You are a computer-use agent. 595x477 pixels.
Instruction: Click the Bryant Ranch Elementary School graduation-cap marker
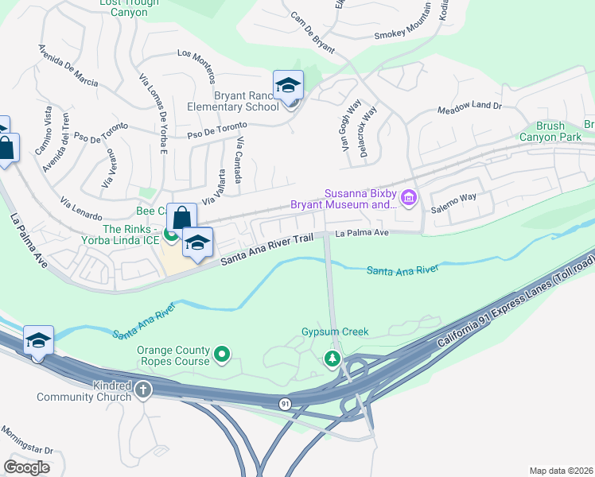tap(287, 85)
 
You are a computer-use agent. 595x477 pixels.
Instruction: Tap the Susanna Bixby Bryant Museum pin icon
tap(410, 197)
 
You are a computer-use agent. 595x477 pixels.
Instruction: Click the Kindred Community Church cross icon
tap(143, 390)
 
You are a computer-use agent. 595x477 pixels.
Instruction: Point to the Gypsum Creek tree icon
tap(332, 359)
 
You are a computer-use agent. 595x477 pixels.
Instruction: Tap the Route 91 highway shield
tap(285, 405)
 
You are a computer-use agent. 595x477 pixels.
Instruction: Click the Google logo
tap(26, 467)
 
